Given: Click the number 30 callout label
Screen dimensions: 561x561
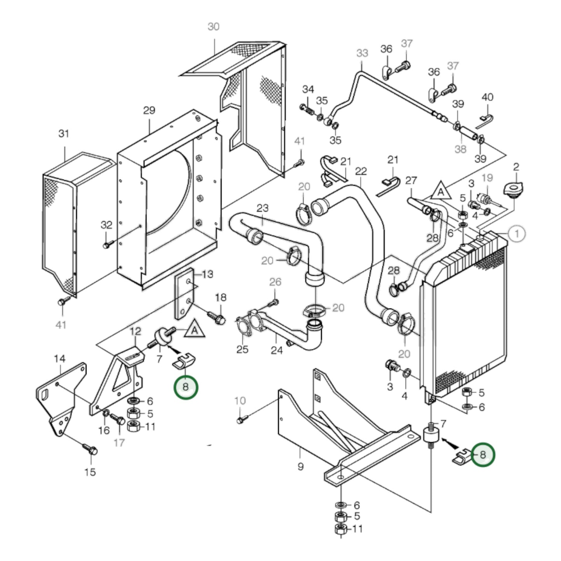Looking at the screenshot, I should click(x=214, y=27).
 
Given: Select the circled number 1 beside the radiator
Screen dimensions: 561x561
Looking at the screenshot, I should click(x=517, y=234).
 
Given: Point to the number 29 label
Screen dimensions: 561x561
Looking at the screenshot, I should click(x=149, y=111).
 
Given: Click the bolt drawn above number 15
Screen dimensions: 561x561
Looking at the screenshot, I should click(x=90, y=450).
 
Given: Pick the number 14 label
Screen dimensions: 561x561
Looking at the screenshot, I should click(x=59, y=359).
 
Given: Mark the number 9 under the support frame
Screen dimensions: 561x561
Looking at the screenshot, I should click(x=300, y=466).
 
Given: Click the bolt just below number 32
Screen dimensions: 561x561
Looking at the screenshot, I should click(x=107, y=245).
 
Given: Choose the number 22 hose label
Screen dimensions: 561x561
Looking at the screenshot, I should click(x=361, y=171).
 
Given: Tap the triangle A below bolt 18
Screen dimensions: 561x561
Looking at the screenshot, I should click(x=195, y=330).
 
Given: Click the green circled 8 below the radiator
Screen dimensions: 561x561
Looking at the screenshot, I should click(x=483, y=454).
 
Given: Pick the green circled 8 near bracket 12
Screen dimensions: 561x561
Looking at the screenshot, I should click(x=186, y=387).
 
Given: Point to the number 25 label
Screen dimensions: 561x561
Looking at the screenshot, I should click(x=242, y=349).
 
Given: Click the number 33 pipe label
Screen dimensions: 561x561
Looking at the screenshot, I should click(x=362, y=53).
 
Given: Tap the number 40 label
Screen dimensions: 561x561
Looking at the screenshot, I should click(x=487, y=97).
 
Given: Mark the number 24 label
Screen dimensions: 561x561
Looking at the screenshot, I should click(x=276, y=350).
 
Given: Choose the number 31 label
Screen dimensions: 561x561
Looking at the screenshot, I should click(x=64, y=134).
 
